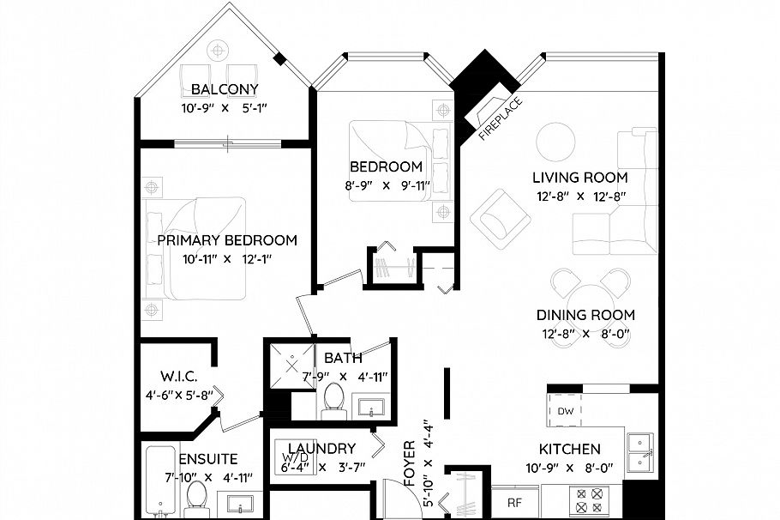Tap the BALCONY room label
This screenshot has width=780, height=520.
point(225,90)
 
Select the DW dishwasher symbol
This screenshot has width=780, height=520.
point(566,411)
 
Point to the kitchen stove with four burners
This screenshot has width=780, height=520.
point(589,500)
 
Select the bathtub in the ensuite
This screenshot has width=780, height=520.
point(159,481)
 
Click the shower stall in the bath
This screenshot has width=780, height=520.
point(289,364)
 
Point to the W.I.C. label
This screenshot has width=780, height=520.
point(180,376)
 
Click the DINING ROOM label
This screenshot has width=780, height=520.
point(585,315)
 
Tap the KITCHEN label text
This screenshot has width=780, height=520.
point(569,449)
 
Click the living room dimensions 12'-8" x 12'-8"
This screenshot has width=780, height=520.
point(579,196)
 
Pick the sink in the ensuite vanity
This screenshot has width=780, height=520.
point(236,503)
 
